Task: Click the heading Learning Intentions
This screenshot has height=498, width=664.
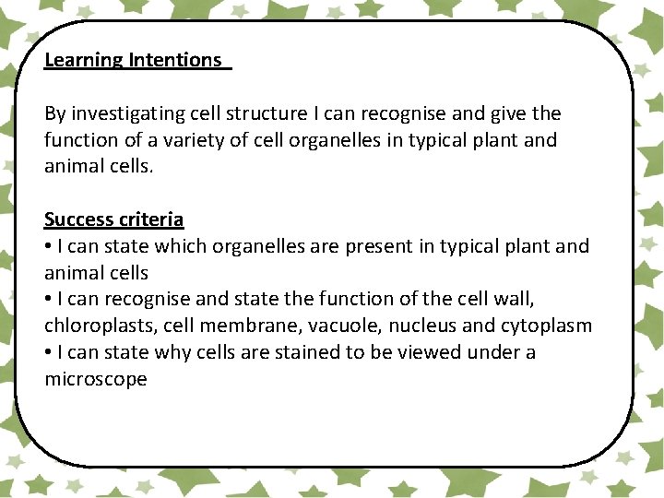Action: [133, 60]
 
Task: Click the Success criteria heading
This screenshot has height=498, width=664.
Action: [113, 219]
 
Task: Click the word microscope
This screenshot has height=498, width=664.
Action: [96, 379]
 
